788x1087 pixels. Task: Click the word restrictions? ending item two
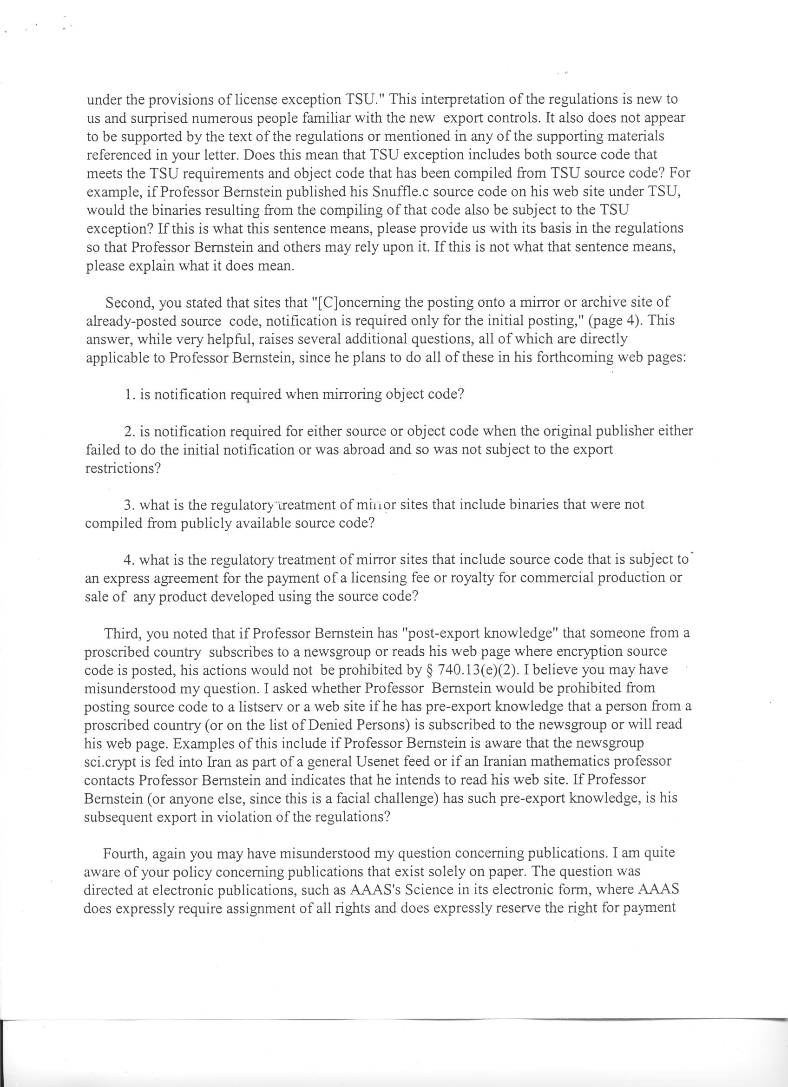(122, 469)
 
